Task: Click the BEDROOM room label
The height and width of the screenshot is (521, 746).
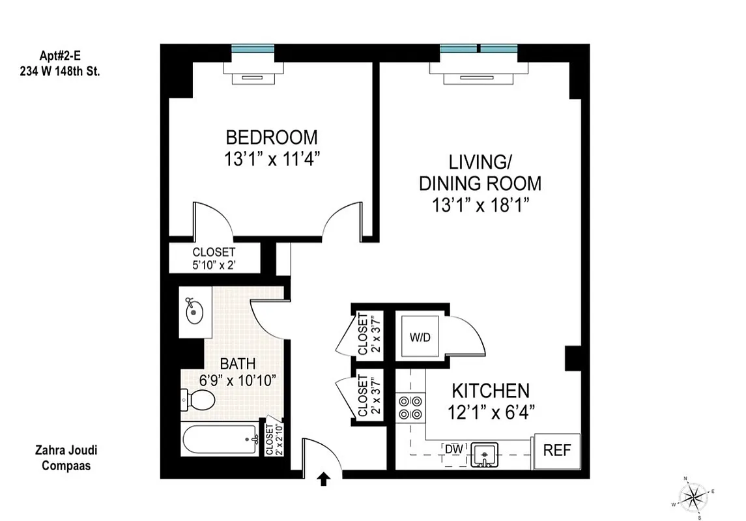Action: [x=272, y=138]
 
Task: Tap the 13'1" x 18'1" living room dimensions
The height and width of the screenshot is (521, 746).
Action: [x=480, y=206]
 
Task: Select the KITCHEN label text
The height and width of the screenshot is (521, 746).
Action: [x=491, y=391]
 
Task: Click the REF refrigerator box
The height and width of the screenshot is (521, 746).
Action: [x=556, y=451]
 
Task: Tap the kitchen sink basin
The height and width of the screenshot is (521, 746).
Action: [x=484, y=453]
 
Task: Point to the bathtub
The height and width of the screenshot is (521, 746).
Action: [x=220, y=440]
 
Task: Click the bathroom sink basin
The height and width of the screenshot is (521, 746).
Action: [x=195, y=313]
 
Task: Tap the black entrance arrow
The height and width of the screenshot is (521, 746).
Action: [x=323, y=481]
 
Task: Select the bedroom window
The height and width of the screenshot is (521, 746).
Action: [x=253, y=49]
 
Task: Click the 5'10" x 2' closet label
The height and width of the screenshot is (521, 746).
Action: [x=214, y=258]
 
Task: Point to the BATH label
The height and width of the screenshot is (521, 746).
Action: [x=237, y=364]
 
